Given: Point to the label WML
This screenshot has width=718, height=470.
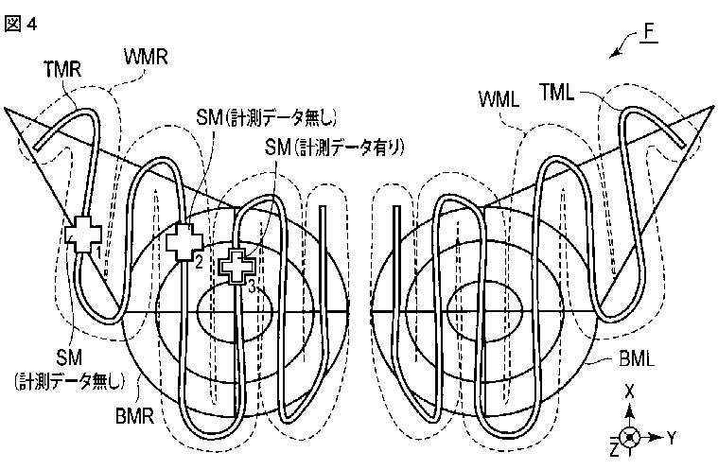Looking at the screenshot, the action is click(x=499, y=98).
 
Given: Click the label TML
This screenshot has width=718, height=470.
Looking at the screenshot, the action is click(x=560, y=92).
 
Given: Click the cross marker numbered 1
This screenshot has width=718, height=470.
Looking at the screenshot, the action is click(x=82, y=233).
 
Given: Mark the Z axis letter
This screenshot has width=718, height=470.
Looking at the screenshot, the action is click(x=615, y=445).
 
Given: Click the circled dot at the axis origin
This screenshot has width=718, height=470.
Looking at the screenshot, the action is click(x=631, y=437).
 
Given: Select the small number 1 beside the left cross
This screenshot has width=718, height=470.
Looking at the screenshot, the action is click(x=98, y=252).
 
